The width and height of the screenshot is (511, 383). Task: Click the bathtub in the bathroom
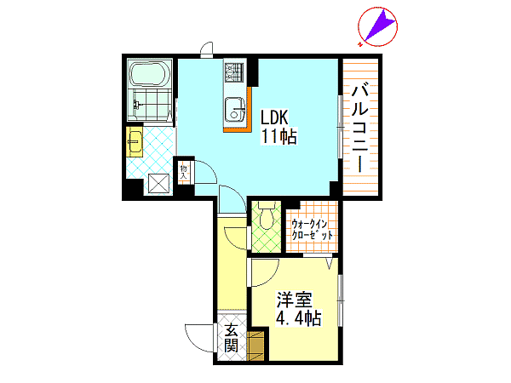[x=150, y=73]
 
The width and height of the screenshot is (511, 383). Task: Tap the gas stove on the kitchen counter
[x=234, y=72]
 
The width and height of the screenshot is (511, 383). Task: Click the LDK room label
[x=274, y=117]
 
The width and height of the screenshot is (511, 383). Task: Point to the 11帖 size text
[x=278, y=136]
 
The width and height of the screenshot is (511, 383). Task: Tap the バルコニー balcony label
[x=359, y=128]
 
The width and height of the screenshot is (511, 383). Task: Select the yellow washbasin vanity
[x=135, y=142]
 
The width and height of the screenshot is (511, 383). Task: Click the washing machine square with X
[x=158, y=184]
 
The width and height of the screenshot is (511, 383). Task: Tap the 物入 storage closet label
[x=184, y=172]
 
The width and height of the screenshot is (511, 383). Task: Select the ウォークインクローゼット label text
[x=312, y=230]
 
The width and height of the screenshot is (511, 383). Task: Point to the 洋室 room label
[x=295, y=300]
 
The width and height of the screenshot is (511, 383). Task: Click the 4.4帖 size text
[x=299, y=318]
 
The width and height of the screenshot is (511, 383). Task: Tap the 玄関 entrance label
[x=231, y=338]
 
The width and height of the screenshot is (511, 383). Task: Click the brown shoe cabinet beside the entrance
[x=255, y=346]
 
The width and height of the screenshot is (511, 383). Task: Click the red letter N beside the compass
[x=360, y=44]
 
